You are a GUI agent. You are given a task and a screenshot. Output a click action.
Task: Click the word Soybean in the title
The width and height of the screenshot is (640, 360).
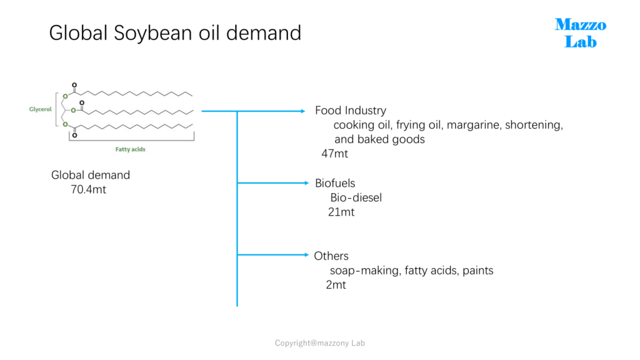coord(153,34)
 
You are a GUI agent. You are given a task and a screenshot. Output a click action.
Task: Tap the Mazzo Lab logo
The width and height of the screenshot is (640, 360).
coord(581,33)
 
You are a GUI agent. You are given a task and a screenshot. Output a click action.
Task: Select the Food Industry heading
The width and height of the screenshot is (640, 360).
coord(351,111)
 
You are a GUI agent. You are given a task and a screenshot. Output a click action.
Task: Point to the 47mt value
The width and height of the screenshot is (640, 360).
coord(335,154)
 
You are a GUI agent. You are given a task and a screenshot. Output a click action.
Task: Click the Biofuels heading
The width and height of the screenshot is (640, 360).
coord(335,183)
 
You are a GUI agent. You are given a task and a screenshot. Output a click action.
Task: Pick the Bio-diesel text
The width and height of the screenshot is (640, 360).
coord(356,198)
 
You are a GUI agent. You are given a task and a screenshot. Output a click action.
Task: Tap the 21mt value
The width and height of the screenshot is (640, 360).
coord(341,212)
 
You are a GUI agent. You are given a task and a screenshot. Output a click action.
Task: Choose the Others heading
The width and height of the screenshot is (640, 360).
coord(331,256)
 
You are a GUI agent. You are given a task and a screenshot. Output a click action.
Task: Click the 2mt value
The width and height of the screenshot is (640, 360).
coord(336,285)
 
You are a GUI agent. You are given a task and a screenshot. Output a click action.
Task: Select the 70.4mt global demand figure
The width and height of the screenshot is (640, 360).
coord(88,190)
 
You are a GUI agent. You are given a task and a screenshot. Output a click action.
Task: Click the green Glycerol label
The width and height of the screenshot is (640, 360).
coord(41,109)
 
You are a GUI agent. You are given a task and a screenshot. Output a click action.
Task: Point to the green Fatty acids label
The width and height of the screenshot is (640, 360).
coord(130,149)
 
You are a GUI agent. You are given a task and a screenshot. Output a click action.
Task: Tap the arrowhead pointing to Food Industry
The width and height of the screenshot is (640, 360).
coord(303,111)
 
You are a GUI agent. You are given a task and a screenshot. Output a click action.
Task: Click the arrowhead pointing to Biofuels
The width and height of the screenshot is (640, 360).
coord(306,183)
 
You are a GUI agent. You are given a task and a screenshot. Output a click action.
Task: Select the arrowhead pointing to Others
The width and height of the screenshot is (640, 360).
coord(306,255)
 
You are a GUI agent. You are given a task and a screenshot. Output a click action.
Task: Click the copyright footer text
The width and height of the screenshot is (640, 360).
coord(319,343)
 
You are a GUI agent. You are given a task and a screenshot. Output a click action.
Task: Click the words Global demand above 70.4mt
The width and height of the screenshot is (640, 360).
coord(91,175)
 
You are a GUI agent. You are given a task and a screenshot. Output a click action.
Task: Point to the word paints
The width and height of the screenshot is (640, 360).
coord(478,271)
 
